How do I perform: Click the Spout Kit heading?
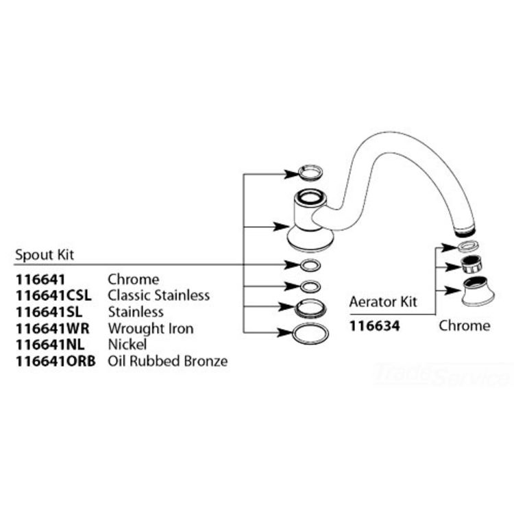click(45, 255)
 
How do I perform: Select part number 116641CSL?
click(53, 295)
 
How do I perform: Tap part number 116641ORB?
click(56, 361)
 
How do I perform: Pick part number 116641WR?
click(53, 328)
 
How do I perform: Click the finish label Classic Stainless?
click(159, 295)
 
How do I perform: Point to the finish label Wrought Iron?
click(151, 328)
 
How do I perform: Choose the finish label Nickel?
click(127, 345)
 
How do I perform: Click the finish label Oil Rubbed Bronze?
click(168, 361)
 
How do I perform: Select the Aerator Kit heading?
click(383, 302)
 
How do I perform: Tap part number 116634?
click(375, 326)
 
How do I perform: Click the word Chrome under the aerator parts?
click(465, 326)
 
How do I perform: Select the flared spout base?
click(310, 226)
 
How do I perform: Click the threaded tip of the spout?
click(465, 231)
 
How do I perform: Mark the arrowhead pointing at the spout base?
click(281, 227)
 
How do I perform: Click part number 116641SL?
click(49, 312)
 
